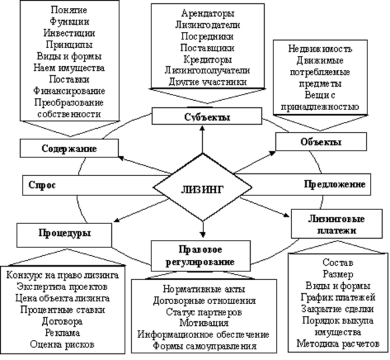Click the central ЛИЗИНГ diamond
[x=203, y=187]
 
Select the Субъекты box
[x=207, y=116]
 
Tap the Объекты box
[x=321, y=141]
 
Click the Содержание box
[x=69, y=148]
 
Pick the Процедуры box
[x=65, y=235]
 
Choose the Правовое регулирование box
[x=201, y=256]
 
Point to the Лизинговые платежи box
[x=337, y=224]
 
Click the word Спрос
[x=42, y=185]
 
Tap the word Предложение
[x=335, y=185]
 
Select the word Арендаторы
[x=208, y=13]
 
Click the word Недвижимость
[x=320, y=49]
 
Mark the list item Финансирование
[x=69, y=91]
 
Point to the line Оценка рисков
[x=62, y=345]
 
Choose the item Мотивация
[x=204, y=323]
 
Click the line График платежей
[x=338, y=297]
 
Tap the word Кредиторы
[x=208, y=60]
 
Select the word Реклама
[x=63, y=333]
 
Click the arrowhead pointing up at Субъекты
[x=203, y=127]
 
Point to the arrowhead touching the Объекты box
[x=273, y=153]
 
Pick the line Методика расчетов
[x=338, y=344]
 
